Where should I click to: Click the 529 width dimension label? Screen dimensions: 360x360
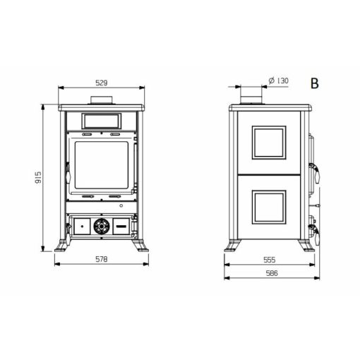(102, 83)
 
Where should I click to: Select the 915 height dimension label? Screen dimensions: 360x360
(38, 177)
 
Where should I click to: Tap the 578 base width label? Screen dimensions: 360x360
(102, 259)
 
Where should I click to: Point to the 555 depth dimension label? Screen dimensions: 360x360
(269, 260)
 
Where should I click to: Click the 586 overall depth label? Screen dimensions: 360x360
(272, 273)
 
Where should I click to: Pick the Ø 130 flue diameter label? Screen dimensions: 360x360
(278, 80)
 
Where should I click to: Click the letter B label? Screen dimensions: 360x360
(315, 83)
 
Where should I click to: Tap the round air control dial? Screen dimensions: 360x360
(102, 226)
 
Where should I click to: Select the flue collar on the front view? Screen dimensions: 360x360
(102, 100)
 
